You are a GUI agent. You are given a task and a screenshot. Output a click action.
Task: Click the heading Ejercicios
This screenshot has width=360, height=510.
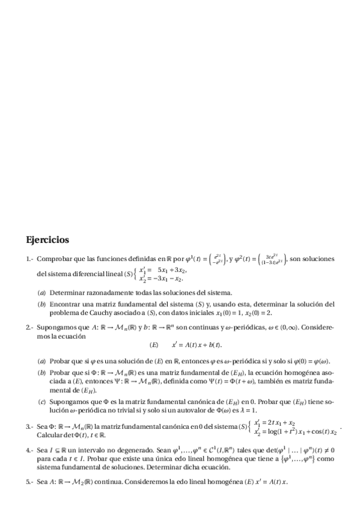tap(47, 240)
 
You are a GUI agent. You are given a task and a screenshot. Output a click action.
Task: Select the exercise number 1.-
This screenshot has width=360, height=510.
tap(29, 260)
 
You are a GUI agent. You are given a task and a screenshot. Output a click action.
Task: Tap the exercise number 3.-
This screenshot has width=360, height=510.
tap(29, 426)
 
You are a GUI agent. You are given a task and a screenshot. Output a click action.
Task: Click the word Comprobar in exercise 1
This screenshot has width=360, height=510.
tap(54, 260)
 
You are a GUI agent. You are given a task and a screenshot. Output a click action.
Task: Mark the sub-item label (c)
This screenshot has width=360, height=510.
tap(41, 401)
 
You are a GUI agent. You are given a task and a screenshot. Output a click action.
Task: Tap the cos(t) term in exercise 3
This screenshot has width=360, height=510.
tap(313, 432)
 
